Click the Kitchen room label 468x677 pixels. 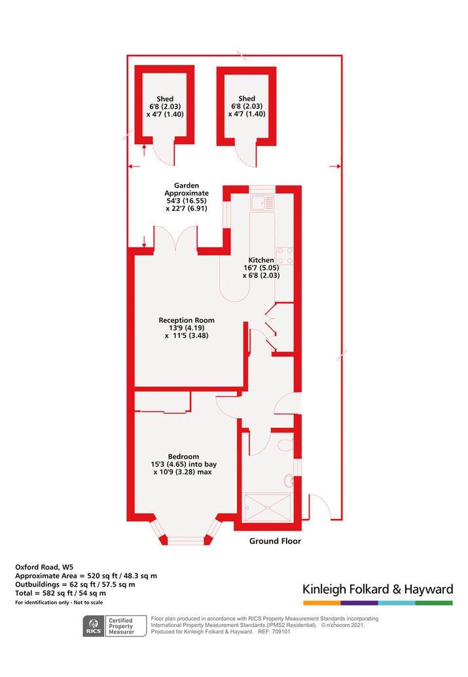[x=261, y=260]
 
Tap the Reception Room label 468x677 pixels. [x=187, y=320]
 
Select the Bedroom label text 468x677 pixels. [x=184, y=457]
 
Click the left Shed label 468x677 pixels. [x=165, y=99]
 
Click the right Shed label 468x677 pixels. [x=247, y=98]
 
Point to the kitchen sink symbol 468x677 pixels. [x=262, y=203]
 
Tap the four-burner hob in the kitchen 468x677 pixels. [x=285, y=255]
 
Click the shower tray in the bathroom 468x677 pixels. [x=268, y=508]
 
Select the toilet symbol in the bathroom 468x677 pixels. [x=285, y=444]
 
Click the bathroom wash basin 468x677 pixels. [x=289, y=481]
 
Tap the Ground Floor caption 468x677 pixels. [x=275, y=541]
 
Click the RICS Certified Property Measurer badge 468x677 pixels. [x=115, y=626]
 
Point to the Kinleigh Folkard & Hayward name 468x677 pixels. [x=378, y=589]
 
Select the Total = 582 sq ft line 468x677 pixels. [x=60, y=593]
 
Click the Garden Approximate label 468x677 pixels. [x=187, y=189]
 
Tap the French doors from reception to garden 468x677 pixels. [x=175, y=239]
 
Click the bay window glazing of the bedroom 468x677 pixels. [x=185, y=539]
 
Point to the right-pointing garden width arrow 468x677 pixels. [x=335, y=166]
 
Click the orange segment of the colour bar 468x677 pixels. [x=322, y=603]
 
